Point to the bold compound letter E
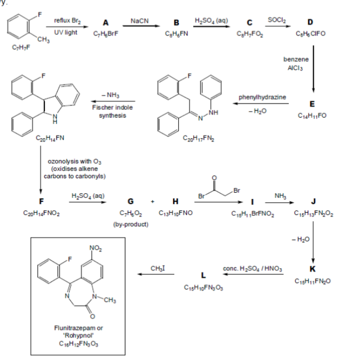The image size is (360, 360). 313,105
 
